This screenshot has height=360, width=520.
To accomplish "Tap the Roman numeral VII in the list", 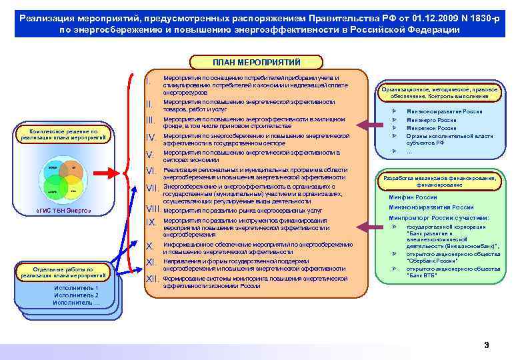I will pos(151,188).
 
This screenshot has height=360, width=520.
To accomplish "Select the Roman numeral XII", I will pos(151,278).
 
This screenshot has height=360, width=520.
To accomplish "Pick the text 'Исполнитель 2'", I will pos(76,295).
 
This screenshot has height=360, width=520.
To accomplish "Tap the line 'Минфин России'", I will pos(413,197).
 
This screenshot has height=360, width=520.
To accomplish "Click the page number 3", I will pos(486,345).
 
